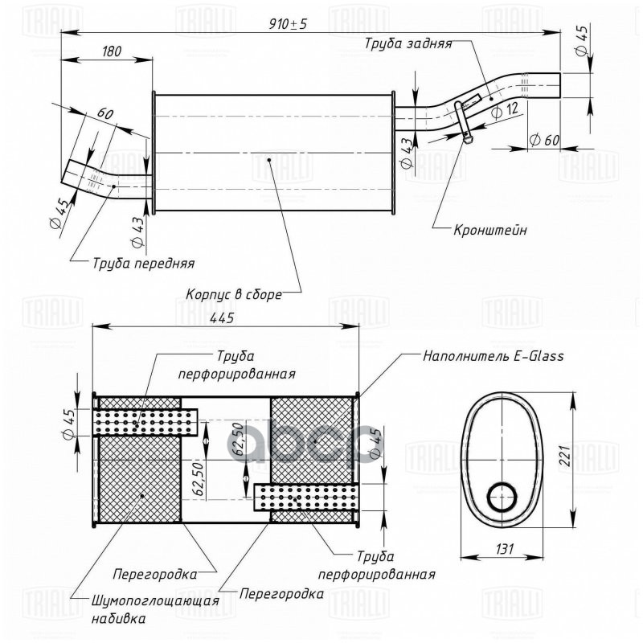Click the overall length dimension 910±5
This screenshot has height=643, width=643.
288,24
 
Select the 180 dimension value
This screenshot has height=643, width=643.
112,51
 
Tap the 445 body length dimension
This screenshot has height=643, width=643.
222,317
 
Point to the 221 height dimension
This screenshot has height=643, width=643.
565,456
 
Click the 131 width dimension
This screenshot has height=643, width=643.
505,549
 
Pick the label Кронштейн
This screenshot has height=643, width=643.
490,230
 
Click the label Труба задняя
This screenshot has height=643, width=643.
408,44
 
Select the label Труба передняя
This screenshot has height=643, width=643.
144,263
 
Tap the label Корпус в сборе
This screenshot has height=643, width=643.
234,294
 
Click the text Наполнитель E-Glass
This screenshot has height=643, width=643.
494,355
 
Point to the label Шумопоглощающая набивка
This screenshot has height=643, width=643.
155,609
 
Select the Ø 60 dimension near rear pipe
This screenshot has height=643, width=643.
544,140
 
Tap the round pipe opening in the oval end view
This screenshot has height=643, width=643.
502,497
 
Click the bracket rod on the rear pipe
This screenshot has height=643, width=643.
462,121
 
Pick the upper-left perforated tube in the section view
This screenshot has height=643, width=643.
146,421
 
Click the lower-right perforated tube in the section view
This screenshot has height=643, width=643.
305,498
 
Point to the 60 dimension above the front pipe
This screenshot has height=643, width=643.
105,113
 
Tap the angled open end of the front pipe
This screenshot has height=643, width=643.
65,171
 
